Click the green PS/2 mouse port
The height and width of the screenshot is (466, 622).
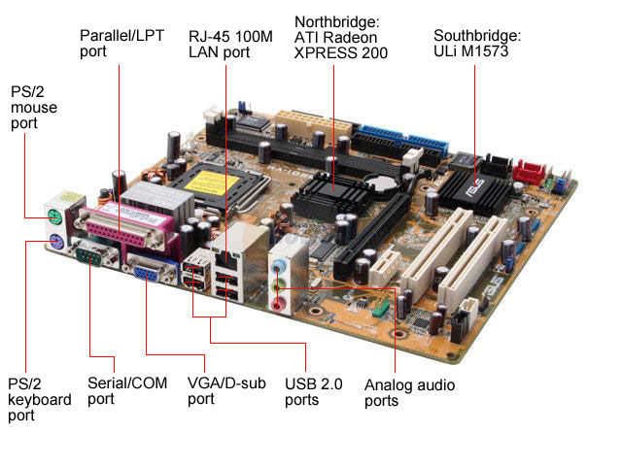coord(54,216)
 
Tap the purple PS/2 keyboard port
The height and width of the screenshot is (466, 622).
coord(56,241)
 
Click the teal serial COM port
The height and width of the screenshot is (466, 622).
coord(91,254)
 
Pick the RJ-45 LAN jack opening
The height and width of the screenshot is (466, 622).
coord(225,259)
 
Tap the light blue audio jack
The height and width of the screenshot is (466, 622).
coord(279,265)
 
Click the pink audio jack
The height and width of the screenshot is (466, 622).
coord(278,305)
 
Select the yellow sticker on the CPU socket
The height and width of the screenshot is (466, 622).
coord(212,183)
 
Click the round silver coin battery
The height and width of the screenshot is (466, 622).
coord(382,183)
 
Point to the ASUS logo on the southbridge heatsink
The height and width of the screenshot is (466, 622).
coord(476,187)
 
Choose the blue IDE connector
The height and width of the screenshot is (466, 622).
coord(403,139)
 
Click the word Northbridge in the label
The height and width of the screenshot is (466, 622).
coord(337,21)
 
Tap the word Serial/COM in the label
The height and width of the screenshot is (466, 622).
coord(127,383)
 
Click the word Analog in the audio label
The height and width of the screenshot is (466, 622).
coord(389,385)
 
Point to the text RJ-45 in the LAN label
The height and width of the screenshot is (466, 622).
coord(209,37)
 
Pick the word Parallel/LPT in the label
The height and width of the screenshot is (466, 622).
coord(121,36)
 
